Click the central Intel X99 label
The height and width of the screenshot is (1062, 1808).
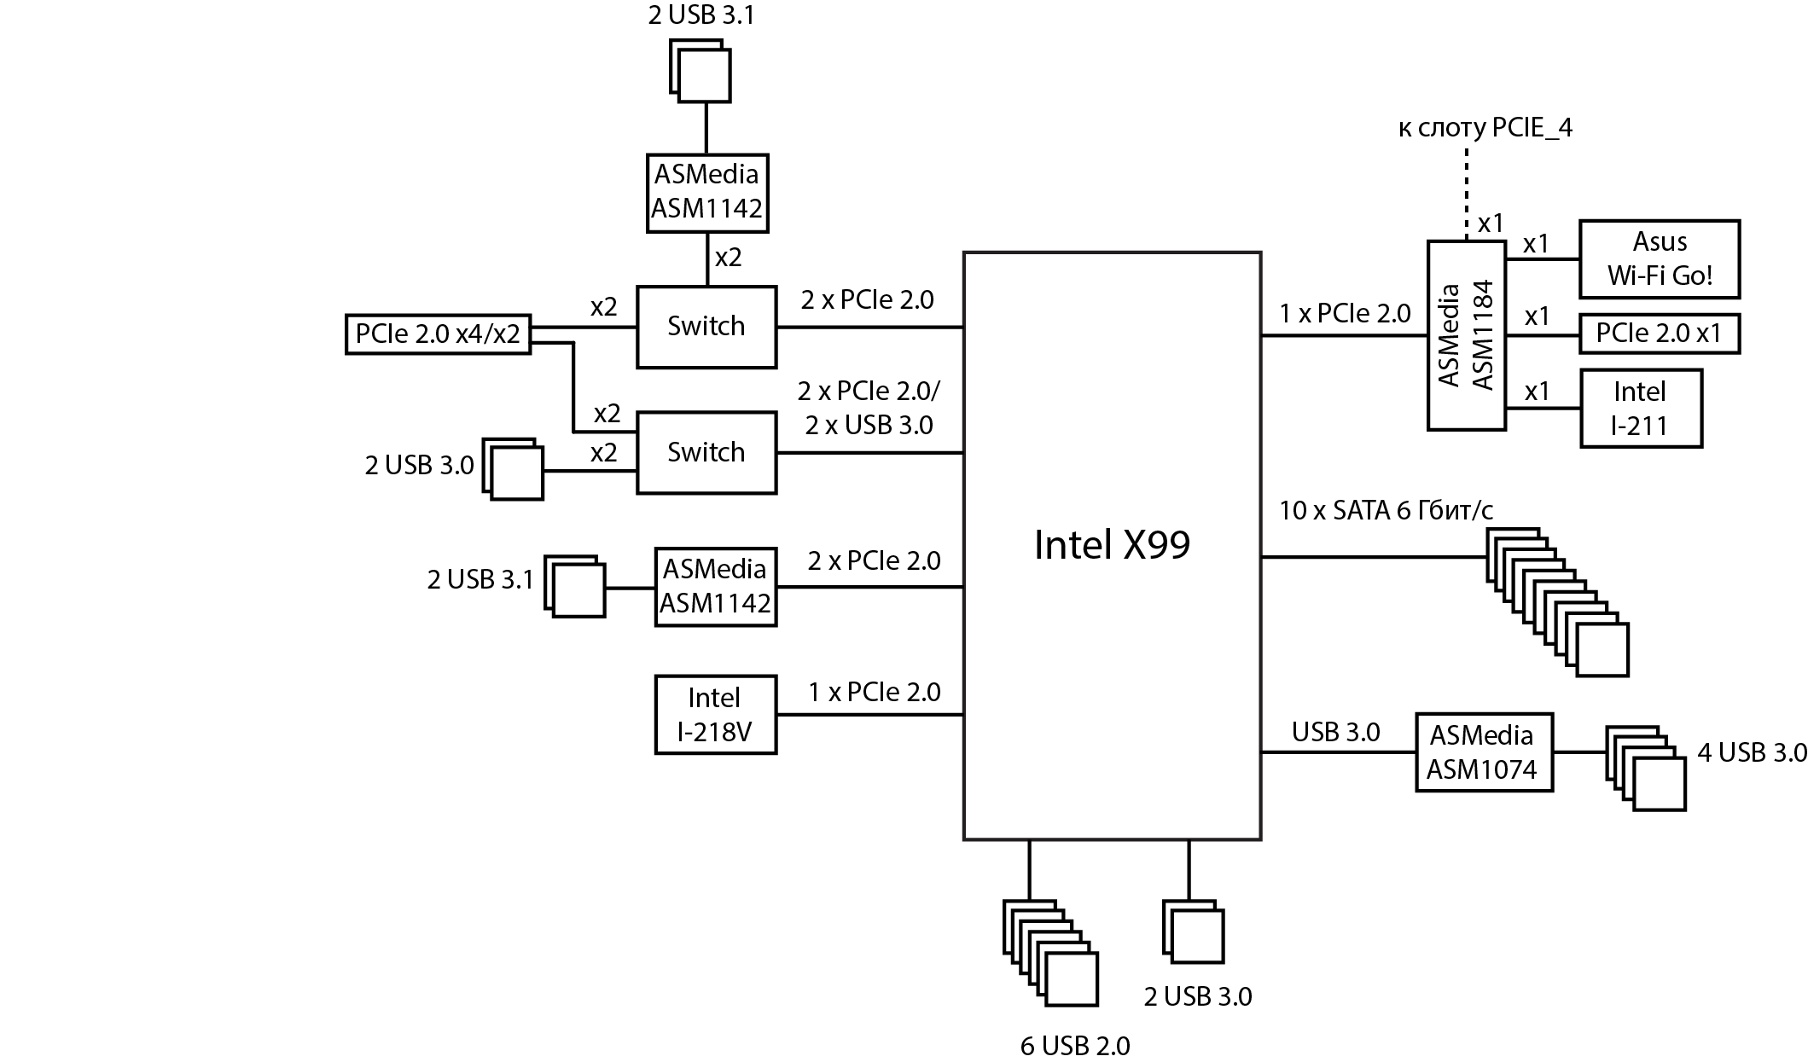click(1111, 545)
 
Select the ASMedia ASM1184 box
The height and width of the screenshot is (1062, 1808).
click(1466, 335)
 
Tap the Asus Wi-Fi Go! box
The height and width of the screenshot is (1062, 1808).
click(1659, 258)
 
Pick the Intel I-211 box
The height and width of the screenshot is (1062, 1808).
click(1640, 408)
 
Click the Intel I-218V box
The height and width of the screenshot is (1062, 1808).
click(715, 715)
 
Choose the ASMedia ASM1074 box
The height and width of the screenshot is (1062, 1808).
click(1483, 752)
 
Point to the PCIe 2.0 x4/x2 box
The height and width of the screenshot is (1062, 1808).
click(438, 334)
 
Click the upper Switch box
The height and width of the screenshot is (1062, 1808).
click(706, 327)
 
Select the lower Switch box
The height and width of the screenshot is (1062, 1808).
click(706, 452)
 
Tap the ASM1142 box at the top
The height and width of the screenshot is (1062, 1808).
click(706, 192)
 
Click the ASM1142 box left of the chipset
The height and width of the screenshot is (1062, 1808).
click(715, 587)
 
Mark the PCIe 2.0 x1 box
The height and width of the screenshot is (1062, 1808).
click(1659, 334)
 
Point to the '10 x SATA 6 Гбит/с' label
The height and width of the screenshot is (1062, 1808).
click(1386, 510)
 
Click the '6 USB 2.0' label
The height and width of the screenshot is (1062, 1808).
click(1074, 1046)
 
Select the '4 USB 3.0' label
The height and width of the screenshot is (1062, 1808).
click(1752, 752)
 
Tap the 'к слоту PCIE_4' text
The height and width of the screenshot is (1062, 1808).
click(1485, 128)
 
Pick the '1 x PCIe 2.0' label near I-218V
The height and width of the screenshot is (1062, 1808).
click(874, 692)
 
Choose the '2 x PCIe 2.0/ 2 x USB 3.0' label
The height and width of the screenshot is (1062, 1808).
click(869, 408)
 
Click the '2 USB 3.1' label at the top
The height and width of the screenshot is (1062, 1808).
click(701, 15)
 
